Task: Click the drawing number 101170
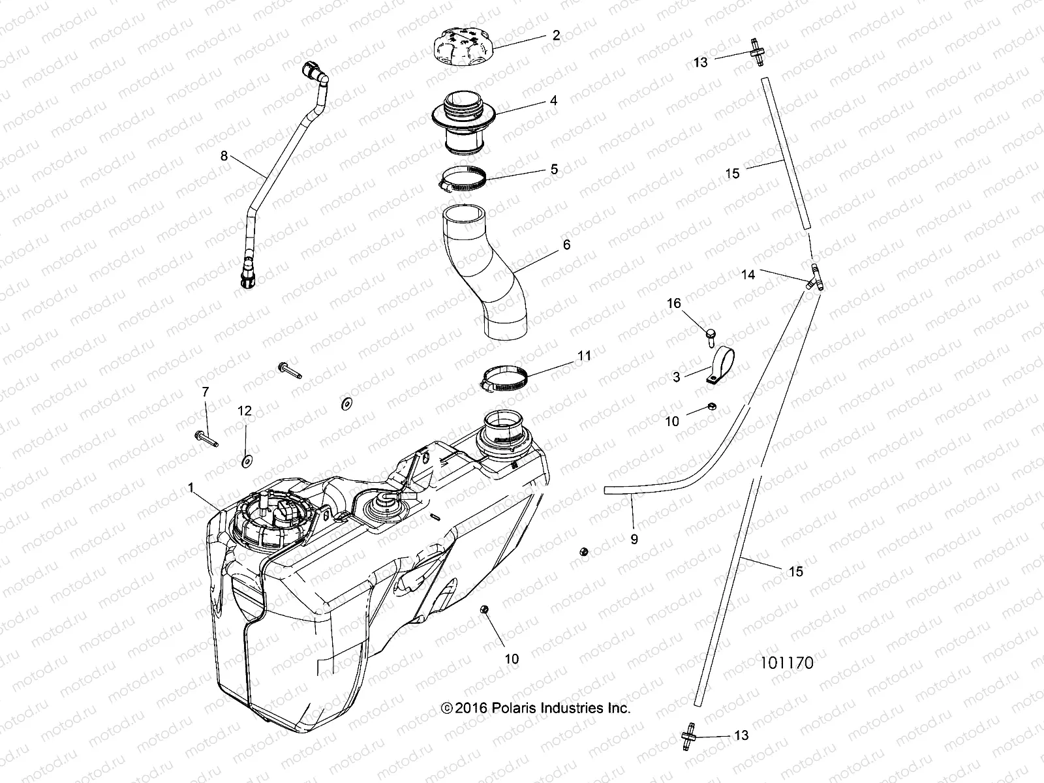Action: coord(786,664)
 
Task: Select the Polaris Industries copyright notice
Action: coord(536,708)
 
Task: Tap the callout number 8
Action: coord(224,156)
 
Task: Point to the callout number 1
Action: coord(191,487)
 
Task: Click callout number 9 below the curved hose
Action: coord(634,539)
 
